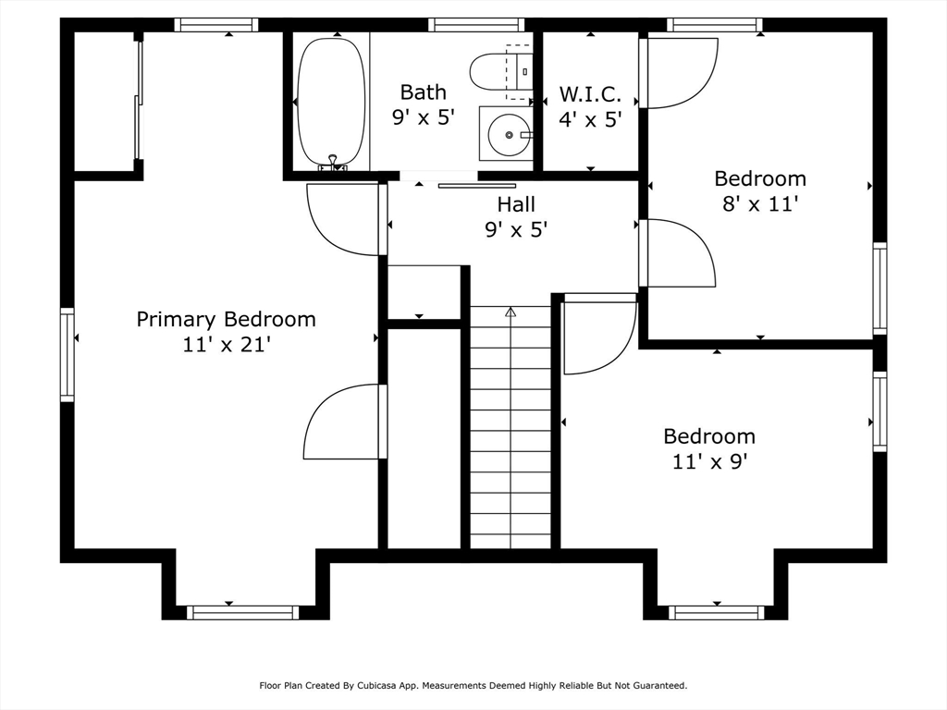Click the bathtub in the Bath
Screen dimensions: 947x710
tap(332, 102)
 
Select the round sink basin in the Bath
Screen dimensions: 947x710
tap(510, 135)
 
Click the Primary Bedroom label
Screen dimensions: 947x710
tap(226, 319)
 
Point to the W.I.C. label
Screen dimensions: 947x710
tap(590, 94)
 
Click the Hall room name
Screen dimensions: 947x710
tap(516, 204)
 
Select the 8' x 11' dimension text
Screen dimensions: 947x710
tap(760, 204)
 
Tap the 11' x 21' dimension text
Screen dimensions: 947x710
tap(226, 345)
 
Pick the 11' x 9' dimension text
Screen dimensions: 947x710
tap(709, 462)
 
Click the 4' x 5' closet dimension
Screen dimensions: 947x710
tap(590, 119)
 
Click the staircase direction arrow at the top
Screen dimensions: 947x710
tap(510, 312)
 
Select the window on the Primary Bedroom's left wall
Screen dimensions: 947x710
tap(67, 354)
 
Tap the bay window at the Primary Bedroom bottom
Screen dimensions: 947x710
tap(243, 612)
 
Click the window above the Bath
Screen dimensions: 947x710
tap(476, 25)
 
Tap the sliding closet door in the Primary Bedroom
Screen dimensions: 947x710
tap(139, 100)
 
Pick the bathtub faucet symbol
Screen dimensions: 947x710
tap(332, 163)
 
